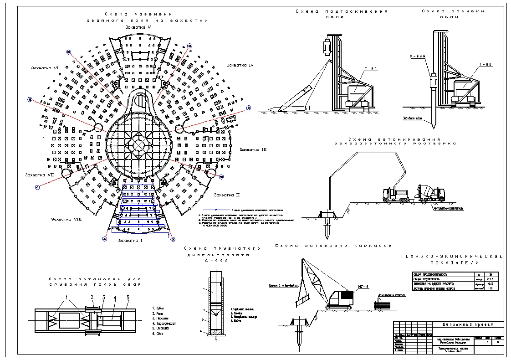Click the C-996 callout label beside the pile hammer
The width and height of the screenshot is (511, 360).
pos(417,56)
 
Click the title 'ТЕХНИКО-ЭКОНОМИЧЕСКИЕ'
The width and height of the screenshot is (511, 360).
pos(451,257)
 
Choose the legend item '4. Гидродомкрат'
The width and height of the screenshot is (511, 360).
pos(165,324)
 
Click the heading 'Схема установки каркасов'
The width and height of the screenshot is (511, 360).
pos(333,246)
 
